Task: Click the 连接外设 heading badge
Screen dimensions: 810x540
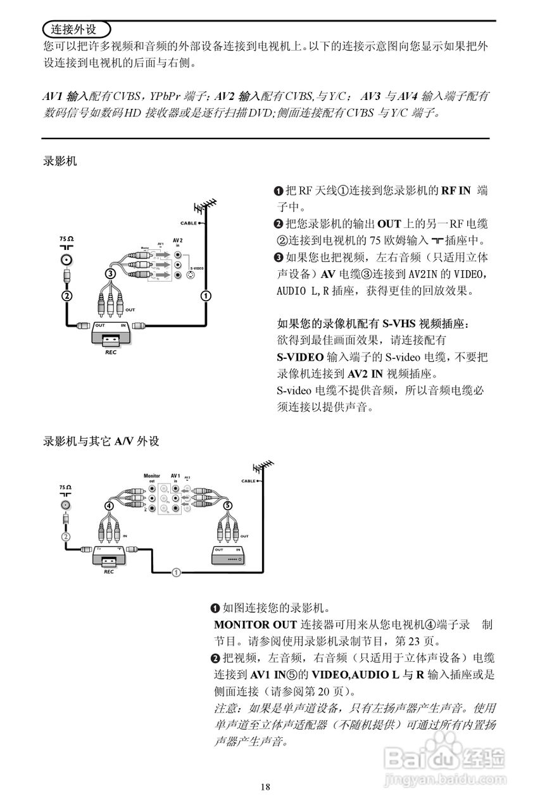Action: (x=75, y=29)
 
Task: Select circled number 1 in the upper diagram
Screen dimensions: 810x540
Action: (x=206, y=296)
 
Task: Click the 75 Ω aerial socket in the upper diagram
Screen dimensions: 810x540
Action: (x=66, y=260)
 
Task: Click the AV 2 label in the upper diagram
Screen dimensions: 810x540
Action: (x=178, y=240)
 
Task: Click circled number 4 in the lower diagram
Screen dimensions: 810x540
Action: (x=110, y=506)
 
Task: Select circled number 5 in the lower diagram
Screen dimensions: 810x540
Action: (x=228, y=505)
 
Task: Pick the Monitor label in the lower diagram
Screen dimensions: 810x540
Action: (x=152, y=475)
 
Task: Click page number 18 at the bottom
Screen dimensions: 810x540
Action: (x=265, y=787)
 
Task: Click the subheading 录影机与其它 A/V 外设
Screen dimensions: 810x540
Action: (x=101, y=442)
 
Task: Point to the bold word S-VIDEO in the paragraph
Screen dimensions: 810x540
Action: (x=300, y=357)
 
